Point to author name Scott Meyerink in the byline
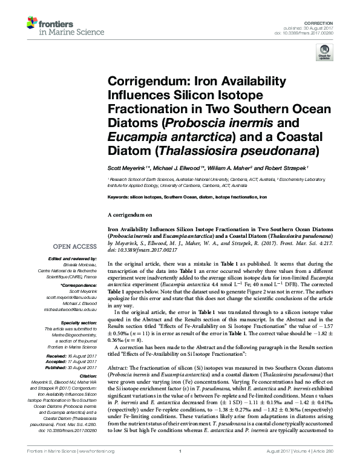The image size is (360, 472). pyautogui.click(x=127, y=168)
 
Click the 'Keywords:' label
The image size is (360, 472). pyautogui.click(x=119, y=197)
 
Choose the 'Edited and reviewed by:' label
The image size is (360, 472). pyautogui.click(x=71, y=259)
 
